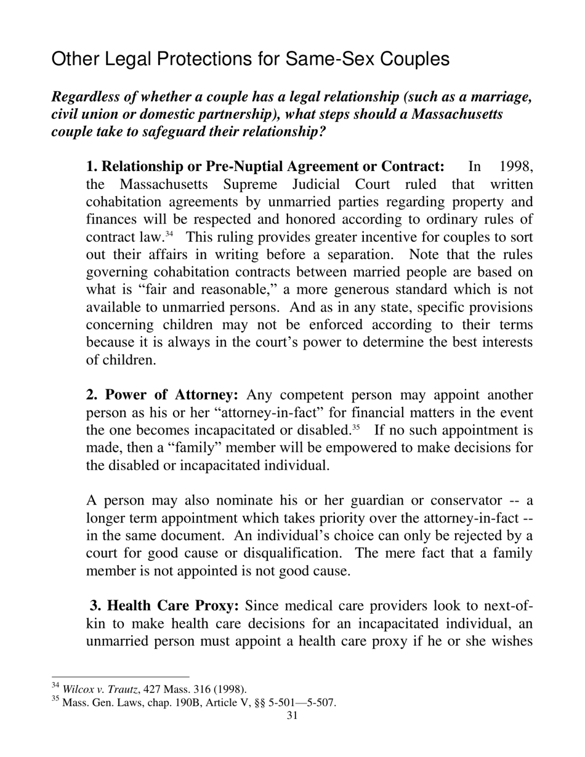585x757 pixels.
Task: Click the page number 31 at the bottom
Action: [292, 715]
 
